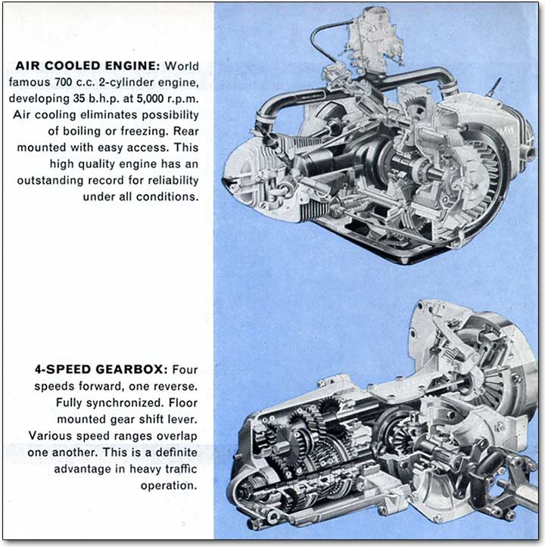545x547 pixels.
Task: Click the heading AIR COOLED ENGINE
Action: click(86, 66)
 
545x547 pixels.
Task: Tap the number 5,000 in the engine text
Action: click(153, 98)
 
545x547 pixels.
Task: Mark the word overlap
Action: click(179, 436)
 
